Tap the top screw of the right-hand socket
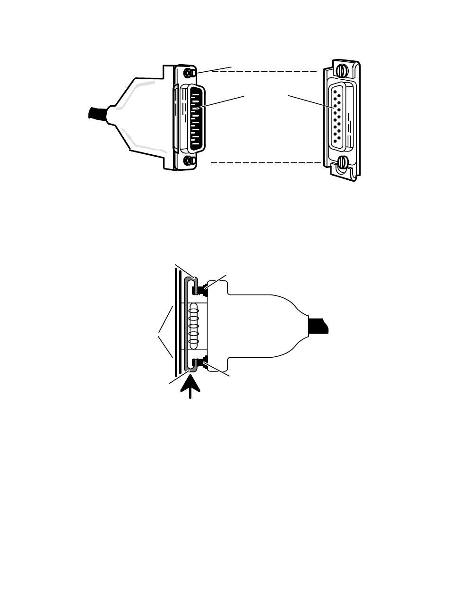coord(343,71)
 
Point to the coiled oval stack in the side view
coord(193,326)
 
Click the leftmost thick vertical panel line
coord(175,326)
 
